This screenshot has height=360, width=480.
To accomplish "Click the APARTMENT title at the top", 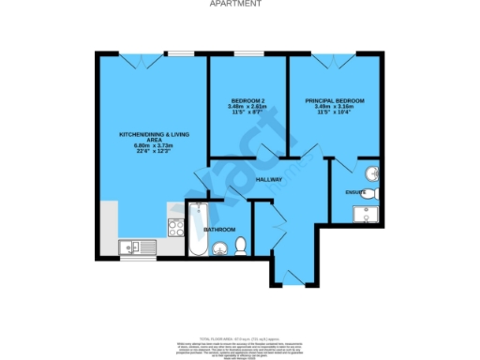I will (x=240, y=4).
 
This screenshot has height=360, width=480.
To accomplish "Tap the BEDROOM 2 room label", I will (x=247, y=100).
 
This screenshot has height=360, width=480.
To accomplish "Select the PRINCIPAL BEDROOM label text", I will (x=335, y=100).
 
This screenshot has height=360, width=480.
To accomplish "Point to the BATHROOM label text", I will (x=221, y=229).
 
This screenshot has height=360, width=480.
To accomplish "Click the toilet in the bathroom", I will (x=241, y=246).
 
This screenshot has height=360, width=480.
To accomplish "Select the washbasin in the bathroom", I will (x=220, y=248).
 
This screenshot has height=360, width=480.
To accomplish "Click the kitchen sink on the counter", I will (x=133, y=247).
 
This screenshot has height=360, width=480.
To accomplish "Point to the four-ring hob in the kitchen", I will (x=174, y=226).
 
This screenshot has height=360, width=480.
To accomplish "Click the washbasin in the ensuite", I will (x=372, y=174).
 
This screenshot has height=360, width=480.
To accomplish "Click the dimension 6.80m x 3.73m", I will (x=150, y=146).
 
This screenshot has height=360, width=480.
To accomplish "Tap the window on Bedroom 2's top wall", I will (x=247, y=52).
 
